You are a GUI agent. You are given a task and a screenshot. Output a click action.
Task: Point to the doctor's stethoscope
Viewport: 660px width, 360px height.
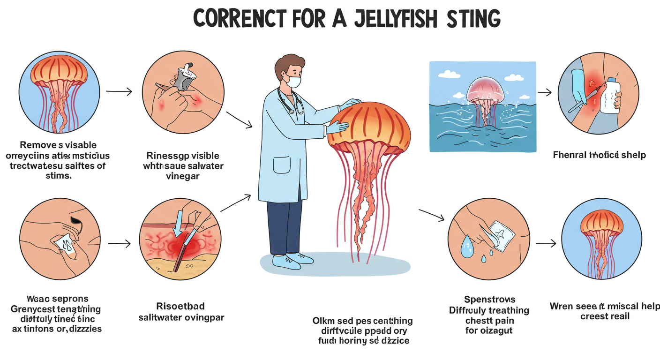click(x=286, y=101)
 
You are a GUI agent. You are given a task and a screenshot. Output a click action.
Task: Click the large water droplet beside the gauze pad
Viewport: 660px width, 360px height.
click(x=466, y=244)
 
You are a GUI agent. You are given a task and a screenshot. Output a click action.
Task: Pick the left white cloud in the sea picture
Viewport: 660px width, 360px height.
click(x=449, y=74)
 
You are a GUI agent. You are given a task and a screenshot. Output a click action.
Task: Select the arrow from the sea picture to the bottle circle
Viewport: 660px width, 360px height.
click(x=544, y=93)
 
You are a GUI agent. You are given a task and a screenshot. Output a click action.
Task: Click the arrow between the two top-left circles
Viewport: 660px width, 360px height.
click(x=119, y=91)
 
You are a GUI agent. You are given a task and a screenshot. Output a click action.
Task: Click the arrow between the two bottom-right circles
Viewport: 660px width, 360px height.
click(x=546, y=243)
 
